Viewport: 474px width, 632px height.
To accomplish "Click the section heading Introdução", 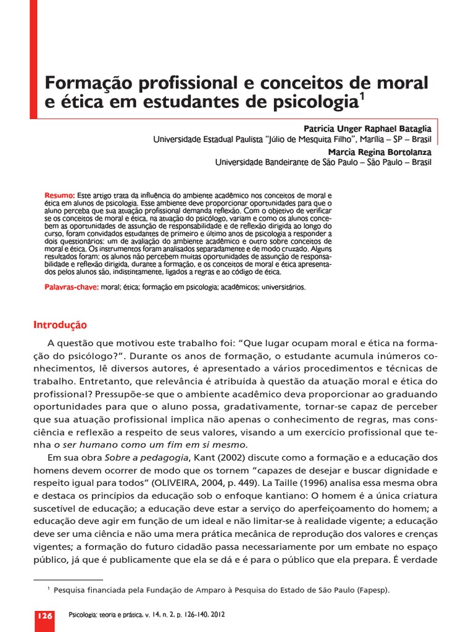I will (59, 325).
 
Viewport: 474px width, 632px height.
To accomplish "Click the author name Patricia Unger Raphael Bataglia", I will (368, 128).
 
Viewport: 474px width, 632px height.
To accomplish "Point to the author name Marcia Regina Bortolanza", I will (380, 151).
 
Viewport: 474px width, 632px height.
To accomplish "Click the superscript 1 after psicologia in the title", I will (362, 96).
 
